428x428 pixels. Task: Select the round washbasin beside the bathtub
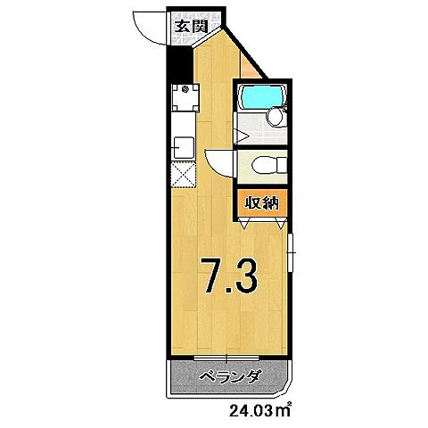pyautogui.click(x=276, y=118)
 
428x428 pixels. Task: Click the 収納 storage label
pyautogui.click(x=261, y=202)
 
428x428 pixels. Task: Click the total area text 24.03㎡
pyautogui.click(x=260, y=411)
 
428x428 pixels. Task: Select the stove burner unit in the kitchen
pyautogui.click(x=185, y=89)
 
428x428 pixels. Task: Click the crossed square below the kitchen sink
pyautogui.click(x=184, y=175)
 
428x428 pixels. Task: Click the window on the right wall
pyautogui.click(x=292, y=259)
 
